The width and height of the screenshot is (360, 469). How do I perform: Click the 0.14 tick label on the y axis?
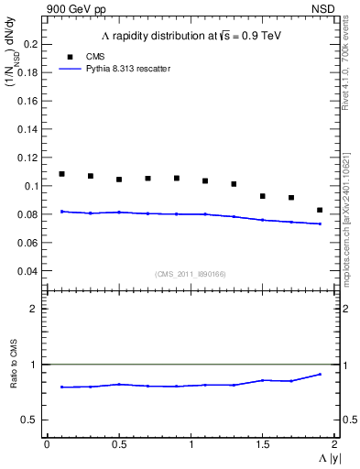27,128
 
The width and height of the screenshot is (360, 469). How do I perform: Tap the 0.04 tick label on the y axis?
27,271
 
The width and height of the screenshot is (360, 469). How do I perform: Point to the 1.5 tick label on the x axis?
263,443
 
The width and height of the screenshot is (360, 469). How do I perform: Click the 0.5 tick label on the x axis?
118,443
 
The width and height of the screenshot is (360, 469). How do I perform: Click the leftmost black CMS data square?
61,174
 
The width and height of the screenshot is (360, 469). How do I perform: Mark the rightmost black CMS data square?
320,210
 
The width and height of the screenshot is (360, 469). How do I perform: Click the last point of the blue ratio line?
320,374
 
